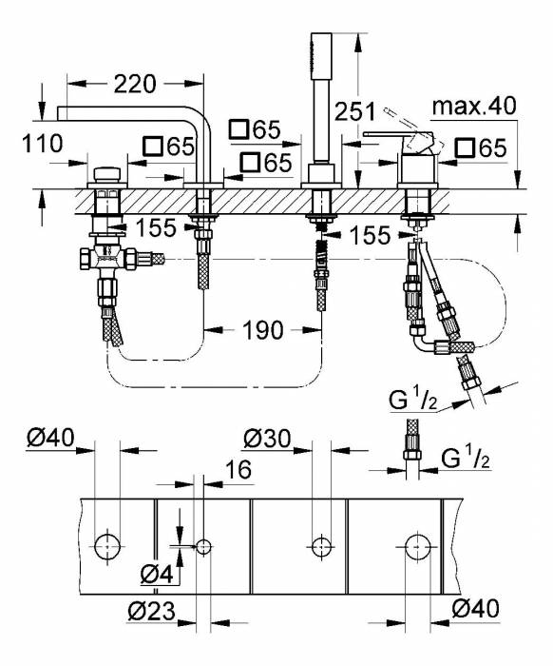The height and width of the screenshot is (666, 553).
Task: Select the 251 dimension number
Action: pyautogui.click(x=353, y=110)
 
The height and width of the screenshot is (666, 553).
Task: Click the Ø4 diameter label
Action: pyautogui.click(x=155, y=573)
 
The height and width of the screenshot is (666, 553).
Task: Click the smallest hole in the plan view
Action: pyautogui.click(x=201, y=546)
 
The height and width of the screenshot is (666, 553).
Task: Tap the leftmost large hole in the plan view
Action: pyautogui.click(x=107, y=546)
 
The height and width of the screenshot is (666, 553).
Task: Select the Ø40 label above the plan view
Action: pyautogui.click(x=48, y=438)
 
